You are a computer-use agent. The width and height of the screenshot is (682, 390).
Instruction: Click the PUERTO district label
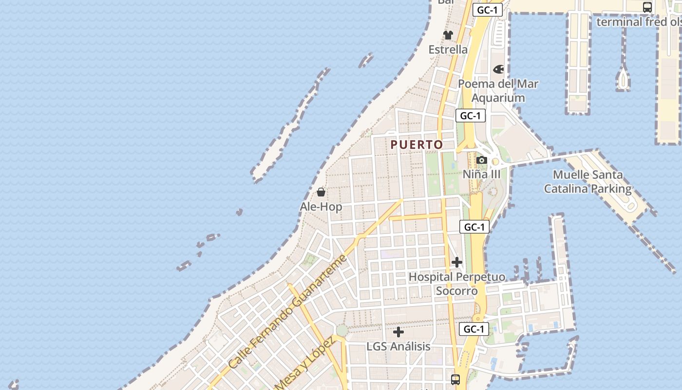417,145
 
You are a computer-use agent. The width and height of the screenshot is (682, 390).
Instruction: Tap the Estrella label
448,50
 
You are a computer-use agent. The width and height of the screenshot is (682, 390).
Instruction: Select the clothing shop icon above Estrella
448,35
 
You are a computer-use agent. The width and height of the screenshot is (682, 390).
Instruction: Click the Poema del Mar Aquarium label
498,91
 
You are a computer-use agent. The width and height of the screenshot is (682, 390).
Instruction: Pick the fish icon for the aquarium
498,70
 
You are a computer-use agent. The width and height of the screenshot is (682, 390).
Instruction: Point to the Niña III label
481,174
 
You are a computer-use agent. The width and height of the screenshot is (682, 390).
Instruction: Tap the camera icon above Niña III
482,160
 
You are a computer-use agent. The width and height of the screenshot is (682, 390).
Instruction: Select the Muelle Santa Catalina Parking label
587,181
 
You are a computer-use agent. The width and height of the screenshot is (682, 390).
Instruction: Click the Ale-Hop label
321,207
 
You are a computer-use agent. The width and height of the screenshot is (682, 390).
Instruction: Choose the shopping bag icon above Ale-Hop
321,192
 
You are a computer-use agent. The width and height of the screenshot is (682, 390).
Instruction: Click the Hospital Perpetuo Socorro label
456,284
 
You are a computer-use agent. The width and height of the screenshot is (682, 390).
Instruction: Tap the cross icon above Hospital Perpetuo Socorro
456,263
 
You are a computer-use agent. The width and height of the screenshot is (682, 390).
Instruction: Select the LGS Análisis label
398,347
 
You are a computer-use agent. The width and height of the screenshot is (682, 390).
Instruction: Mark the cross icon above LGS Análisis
398,332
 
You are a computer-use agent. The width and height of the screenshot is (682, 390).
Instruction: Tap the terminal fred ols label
639,22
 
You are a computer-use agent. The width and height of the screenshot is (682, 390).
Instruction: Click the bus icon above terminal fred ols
647,7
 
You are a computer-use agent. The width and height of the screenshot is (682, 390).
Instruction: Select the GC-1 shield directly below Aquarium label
471,116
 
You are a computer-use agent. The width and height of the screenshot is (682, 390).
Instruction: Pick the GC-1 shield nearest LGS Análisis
474,329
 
